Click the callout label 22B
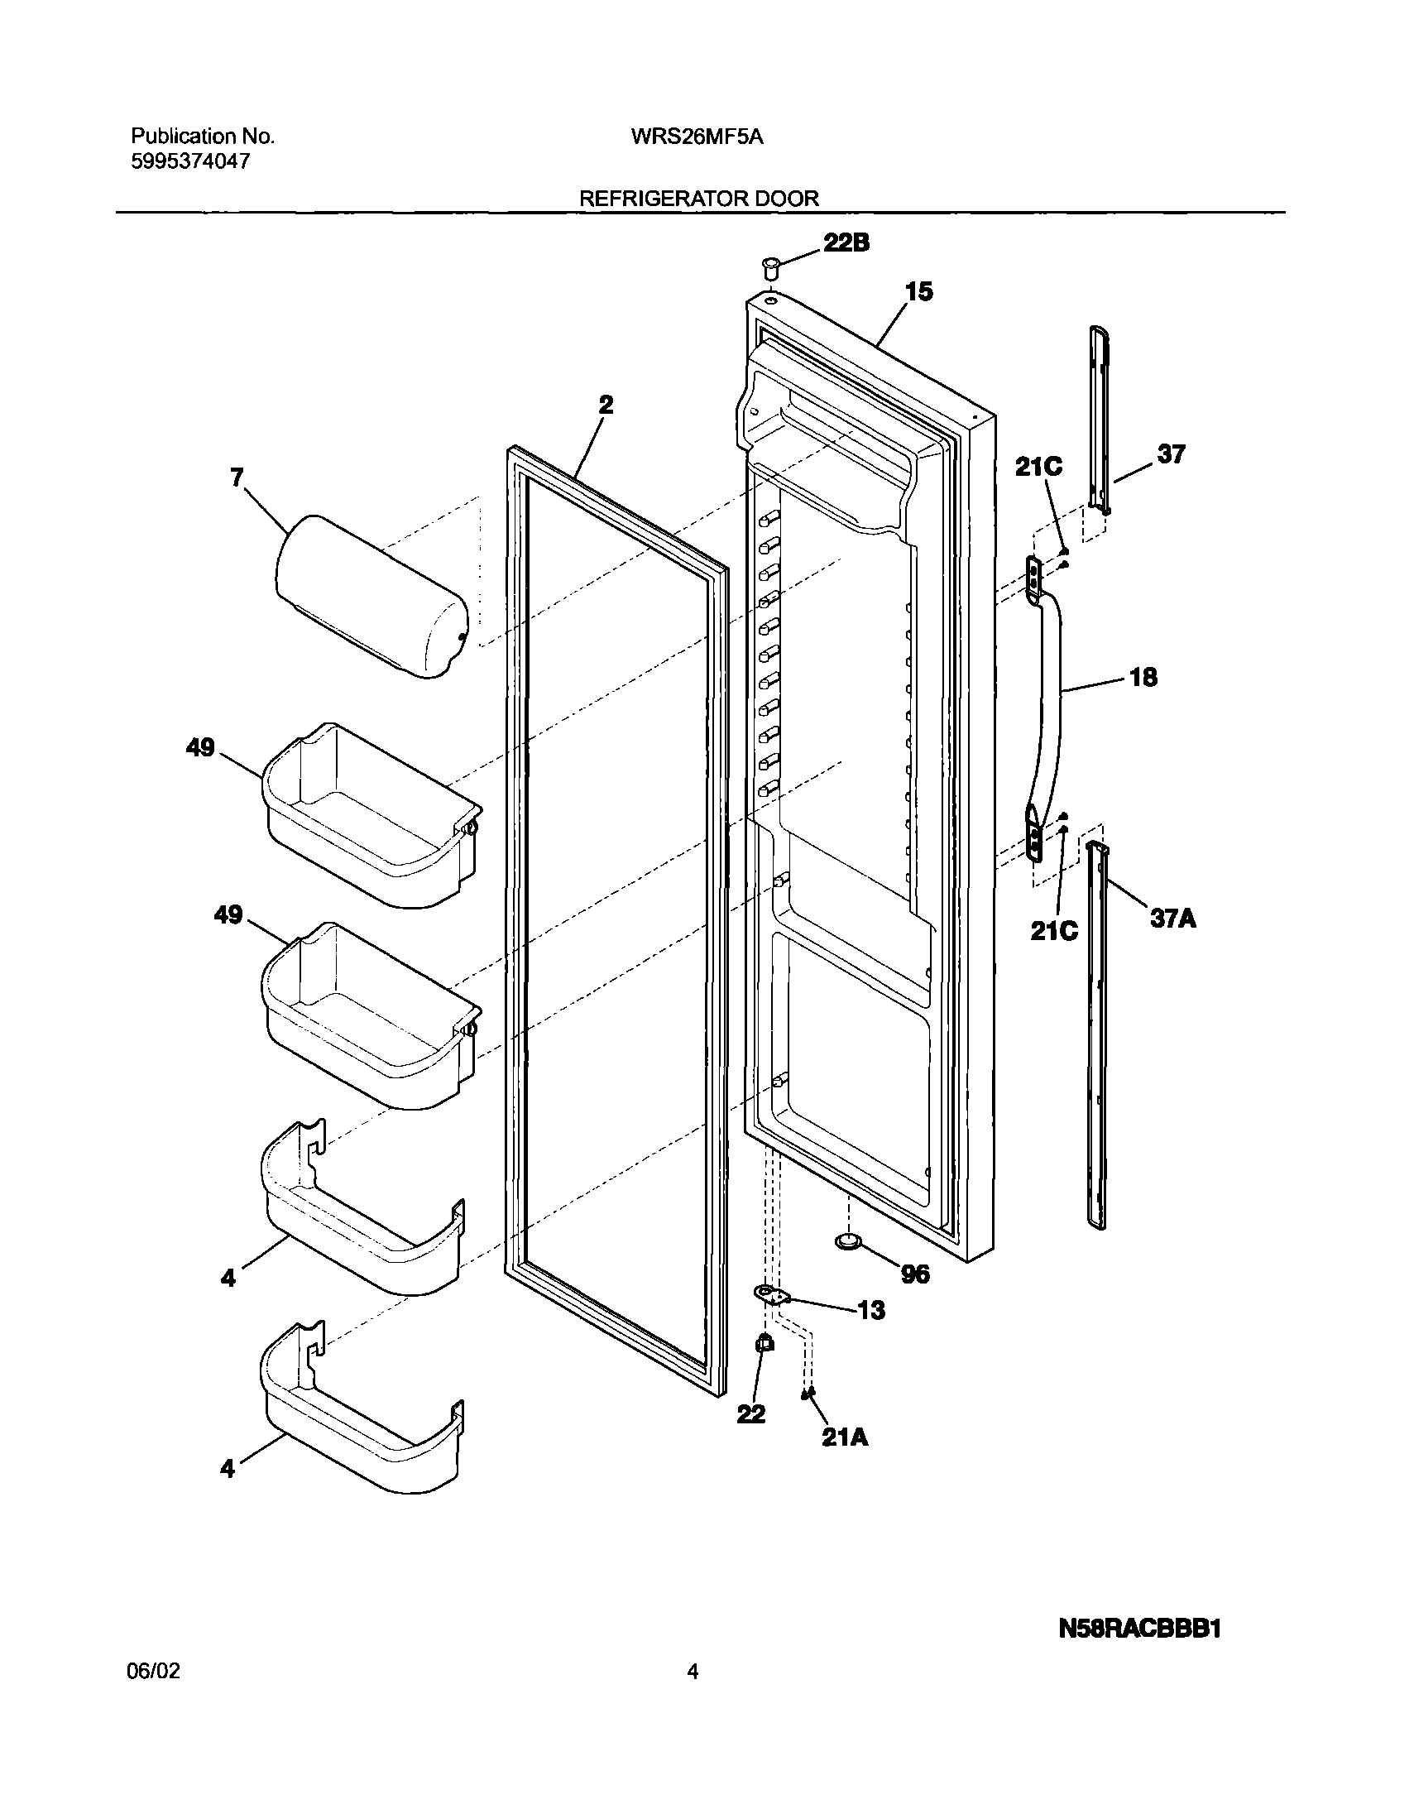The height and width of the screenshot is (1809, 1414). tap(846, 242)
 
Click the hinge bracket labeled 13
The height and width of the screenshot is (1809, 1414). tap(769, 1294)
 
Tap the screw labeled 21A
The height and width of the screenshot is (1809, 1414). tap(804, 1395)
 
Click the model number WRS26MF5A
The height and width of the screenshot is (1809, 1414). tap(697, 137)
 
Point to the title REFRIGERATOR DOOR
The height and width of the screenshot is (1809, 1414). tap(698, 199)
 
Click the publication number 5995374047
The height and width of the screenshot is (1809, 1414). tap(189, 162)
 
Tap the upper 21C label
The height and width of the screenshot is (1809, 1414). tap(1038, 468)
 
